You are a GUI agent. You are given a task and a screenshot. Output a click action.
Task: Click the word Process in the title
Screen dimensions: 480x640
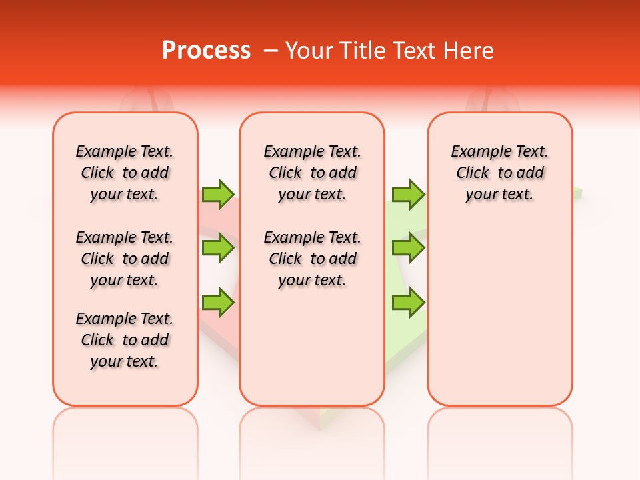206,51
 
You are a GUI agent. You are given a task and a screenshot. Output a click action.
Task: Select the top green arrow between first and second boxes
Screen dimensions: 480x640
218,194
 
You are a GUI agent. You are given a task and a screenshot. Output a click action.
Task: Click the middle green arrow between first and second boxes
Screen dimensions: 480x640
218,248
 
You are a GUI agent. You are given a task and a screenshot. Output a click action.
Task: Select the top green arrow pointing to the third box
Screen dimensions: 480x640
408,194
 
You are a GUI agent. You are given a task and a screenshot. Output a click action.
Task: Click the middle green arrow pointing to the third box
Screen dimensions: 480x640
408,248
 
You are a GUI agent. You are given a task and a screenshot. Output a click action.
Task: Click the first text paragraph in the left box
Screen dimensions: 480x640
125,173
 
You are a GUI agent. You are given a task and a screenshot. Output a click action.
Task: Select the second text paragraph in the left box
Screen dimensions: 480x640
125,259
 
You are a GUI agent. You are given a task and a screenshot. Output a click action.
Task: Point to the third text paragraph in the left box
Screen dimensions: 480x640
125,340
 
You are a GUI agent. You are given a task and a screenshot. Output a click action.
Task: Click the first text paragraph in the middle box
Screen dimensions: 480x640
313,173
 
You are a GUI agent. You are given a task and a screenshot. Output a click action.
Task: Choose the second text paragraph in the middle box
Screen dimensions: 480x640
313,259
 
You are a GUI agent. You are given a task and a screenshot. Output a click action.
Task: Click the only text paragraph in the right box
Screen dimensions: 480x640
500,173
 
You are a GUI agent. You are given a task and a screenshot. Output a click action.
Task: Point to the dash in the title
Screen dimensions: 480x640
271,51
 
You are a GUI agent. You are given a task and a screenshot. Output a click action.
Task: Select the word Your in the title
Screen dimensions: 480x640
308,51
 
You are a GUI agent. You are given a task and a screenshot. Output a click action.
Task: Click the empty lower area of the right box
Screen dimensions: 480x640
500,313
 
